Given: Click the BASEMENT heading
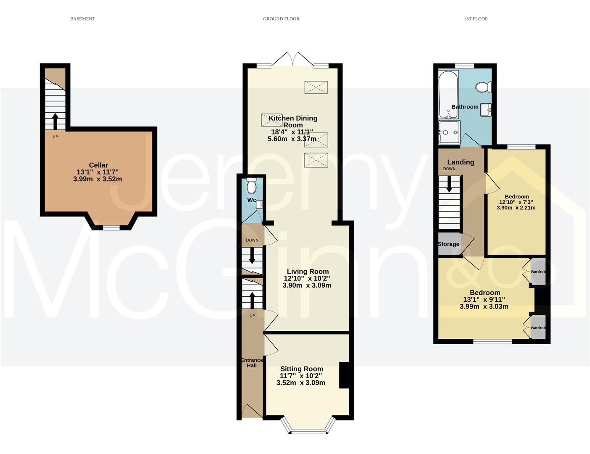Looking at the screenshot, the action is tap(82, 19).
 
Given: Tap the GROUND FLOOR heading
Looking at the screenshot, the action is tap(281, 19).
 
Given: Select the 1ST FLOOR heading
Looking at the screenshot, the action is tap(476, 19).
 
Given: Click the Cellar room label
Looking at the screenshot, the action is tap(98, 165).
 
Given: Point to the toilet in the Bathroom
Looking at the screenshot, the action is tap(483, 87).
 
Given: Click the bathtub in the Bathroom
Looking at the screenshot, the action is tap(449, 95).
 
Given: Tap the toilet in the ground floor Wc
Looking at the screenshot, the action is tap(251, 186).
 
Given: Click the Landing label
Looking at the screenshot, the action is tap(460, 162).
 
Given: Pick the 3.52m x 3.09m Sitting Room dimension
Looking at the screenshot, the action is tap(301, 383).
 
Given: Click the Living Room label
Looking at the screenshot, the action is tap(308, 271).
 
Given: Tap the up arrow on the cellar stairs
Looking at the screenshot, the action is tap(55, 121).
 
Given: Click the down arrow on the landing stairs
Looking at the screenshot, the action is tap(449, 184).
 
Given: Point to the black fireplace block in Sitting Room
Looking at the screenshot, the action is tap(344, 375).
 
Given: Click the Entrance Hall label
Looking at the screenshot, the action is tap(252, 363).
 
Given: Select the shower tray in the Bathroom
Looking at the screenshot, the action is tap(449, 132).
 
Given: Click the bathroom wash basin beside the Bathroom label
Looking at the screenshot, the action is tap(486, 110).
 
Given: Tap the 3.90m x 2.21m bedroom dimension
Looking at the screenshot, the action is tap(516, 208).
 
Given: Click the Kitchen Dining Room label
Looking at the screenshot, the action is tap(293, 121).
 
